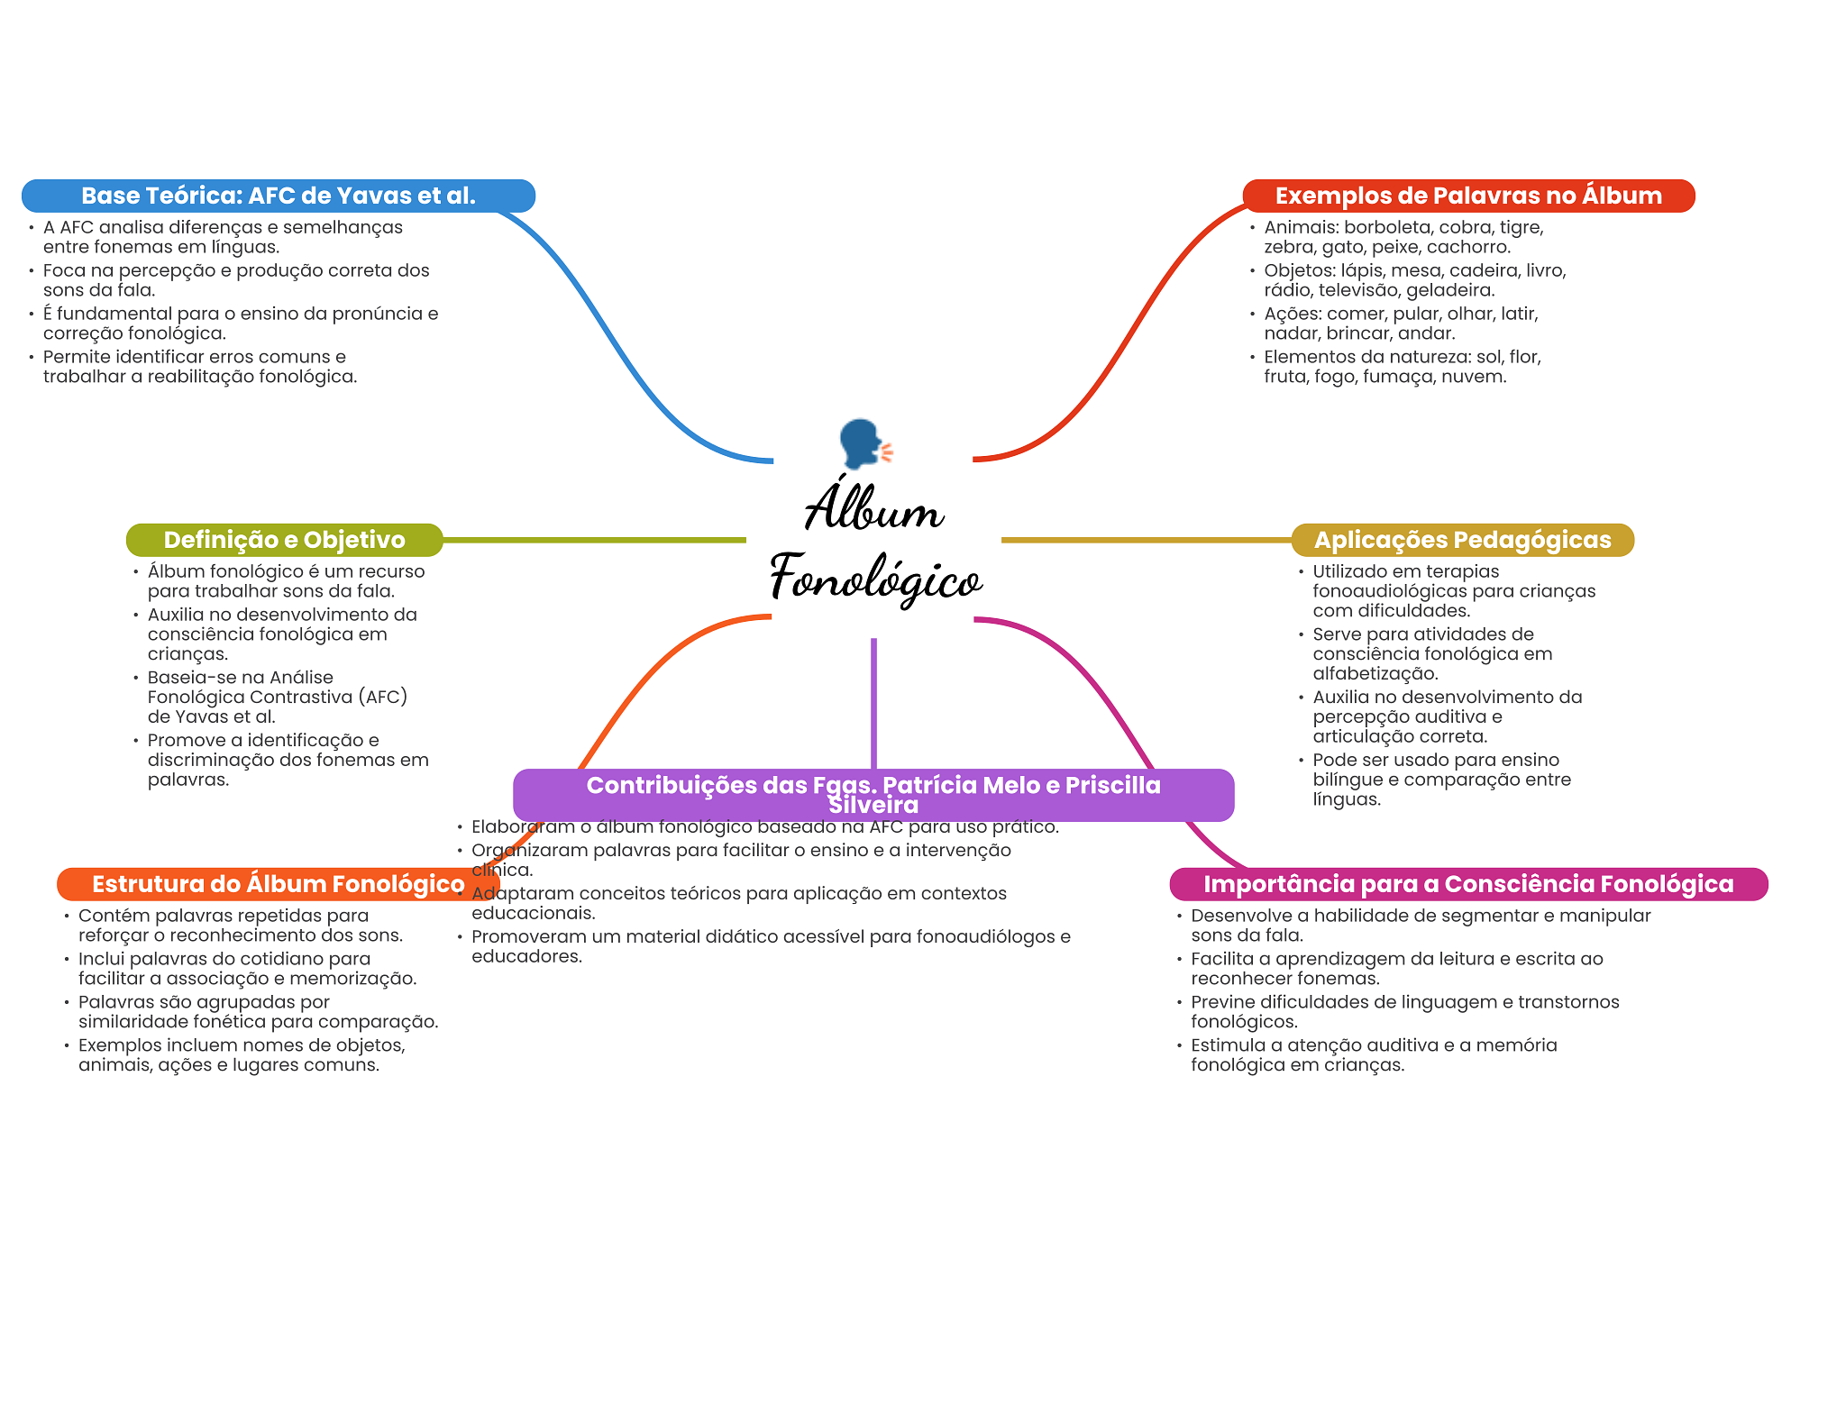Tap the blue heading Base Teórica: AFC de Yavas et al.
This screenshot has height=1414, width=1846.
point(279,196)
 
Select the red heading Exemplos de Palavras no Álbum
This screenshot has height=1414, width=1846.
point(1468,196)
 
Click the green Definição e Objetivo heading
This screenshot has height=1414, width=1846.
point(285,540)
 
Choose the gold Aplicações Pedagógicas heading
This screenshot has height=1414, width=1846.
point(1463,540)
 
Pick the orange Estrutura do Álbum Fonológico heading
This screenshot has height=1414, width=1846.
point(279,884)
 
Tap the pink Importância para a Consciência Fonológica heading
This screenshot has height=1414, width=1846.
point(1469,884)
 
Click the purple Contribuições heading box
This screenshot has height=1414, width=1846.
point(873,795)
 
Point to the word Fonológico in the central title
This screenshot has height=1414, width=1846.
point(876,579)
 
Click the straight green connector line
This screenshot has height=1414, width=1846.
point(595,540)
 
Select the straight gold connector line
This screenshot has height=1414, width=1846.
point(1147,540)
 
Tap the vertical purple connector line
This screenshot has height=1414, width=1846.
point(873,704)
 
